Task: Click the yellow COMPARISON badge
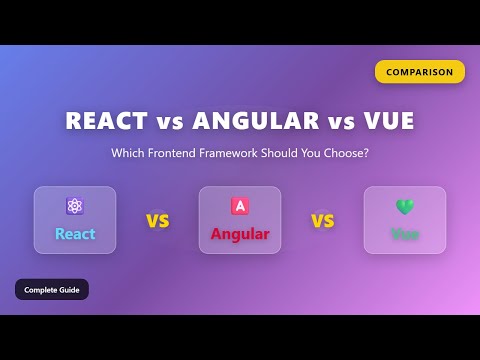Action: point(420,72)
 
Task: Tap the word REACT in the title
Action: point(107,121)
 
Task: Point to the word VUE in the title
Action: point(385,121)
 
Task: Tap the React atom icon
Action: point(75,206)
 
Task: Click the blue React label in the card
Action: point(75,235)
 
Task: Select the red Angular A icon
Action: point(240,206)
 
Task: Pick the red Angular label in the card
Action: point(240,235)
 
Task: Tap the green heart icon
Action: point(405,206)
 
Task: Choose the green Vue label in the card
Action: point(405,235)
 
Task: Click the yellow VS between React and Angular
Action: point(157,221)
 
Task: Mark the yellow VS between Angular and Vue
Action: point(322,221)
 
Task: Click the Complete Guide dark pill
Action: point(52,289)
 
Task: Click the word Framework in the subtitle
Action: point(256,153)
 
